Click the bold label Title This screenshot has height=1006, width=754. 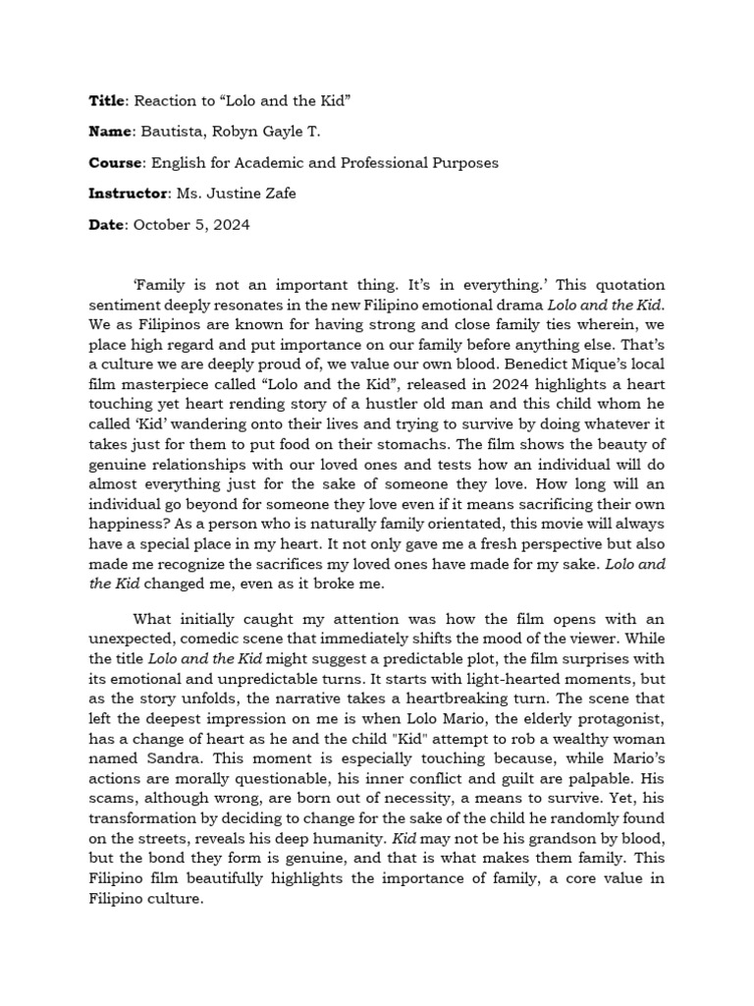107,100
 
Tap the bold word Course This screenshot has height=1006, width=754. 117,162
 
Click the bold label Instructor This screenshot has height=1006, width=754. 129,194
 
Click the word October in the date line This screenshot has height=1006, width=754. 163,225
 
